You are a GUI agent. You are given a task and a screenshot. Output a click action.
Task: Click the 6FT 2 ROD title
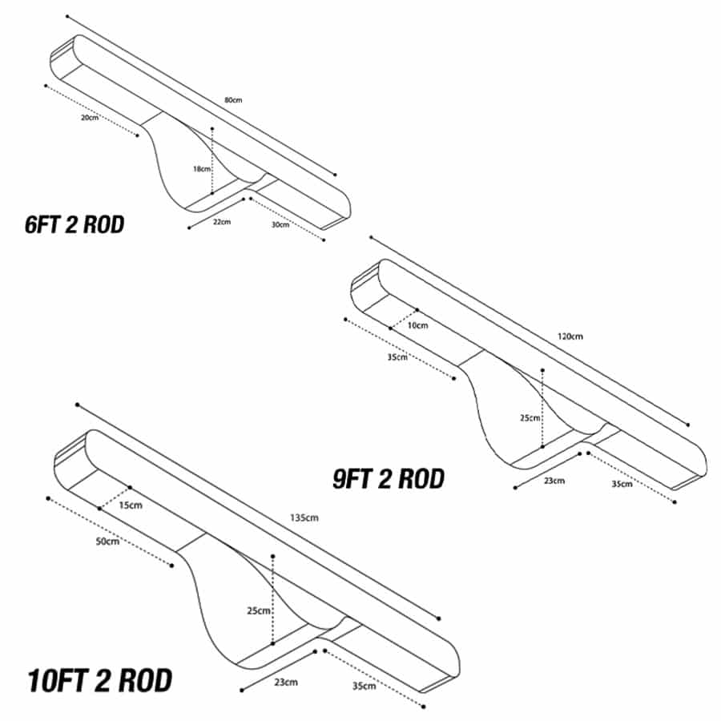75,224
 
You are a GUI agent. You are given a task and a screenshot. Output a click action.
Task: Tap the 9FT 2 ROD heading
389,479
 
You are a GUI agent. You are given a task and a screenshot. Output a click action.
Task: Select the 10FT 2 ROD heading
100,680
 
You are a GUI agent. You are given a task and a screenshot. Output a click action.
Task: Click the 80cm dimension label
233,100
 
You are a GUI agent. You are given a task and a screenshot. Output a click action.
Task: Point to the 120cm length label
570,336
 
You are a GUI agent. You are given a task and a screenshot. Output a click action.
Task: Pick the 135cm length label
304,518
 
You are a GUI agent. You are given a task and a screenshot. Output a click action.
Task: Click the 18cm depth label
201,169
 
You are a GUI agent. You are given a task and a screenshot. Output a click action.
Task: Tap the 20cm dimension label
90,117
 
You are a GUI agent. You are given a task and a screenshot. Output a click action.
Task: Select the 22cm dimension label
222,222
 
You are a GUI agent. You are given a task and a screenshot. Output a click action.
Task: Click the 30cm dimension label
280,224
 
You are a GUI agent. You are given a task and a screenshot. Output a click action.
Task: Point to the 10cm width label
417,325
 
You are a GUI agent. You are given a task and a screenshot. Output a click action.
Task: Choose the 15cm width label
131,505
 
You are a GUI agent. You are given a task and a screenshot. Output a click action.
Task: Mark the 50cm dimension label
107,542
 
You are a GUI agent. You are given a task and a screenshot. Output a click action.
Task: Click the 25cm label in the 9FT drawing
530,417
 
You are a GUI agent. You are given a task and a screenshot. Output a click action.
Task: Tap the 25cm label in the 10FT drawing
259,610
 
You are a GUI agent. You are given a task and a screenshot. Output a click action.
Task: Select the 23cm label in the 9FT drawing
554,481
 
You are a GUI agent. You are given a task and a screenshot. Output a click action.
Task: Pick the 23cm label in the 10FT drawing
286,682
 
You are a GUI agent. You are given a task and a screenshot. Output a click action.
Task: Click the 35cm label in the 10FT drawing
365,686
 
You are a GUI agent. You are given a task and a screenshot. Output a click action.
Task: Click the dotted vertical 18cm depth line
212,161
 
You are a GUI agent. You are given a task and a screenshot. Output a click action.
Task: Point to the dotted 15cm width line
115,498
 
